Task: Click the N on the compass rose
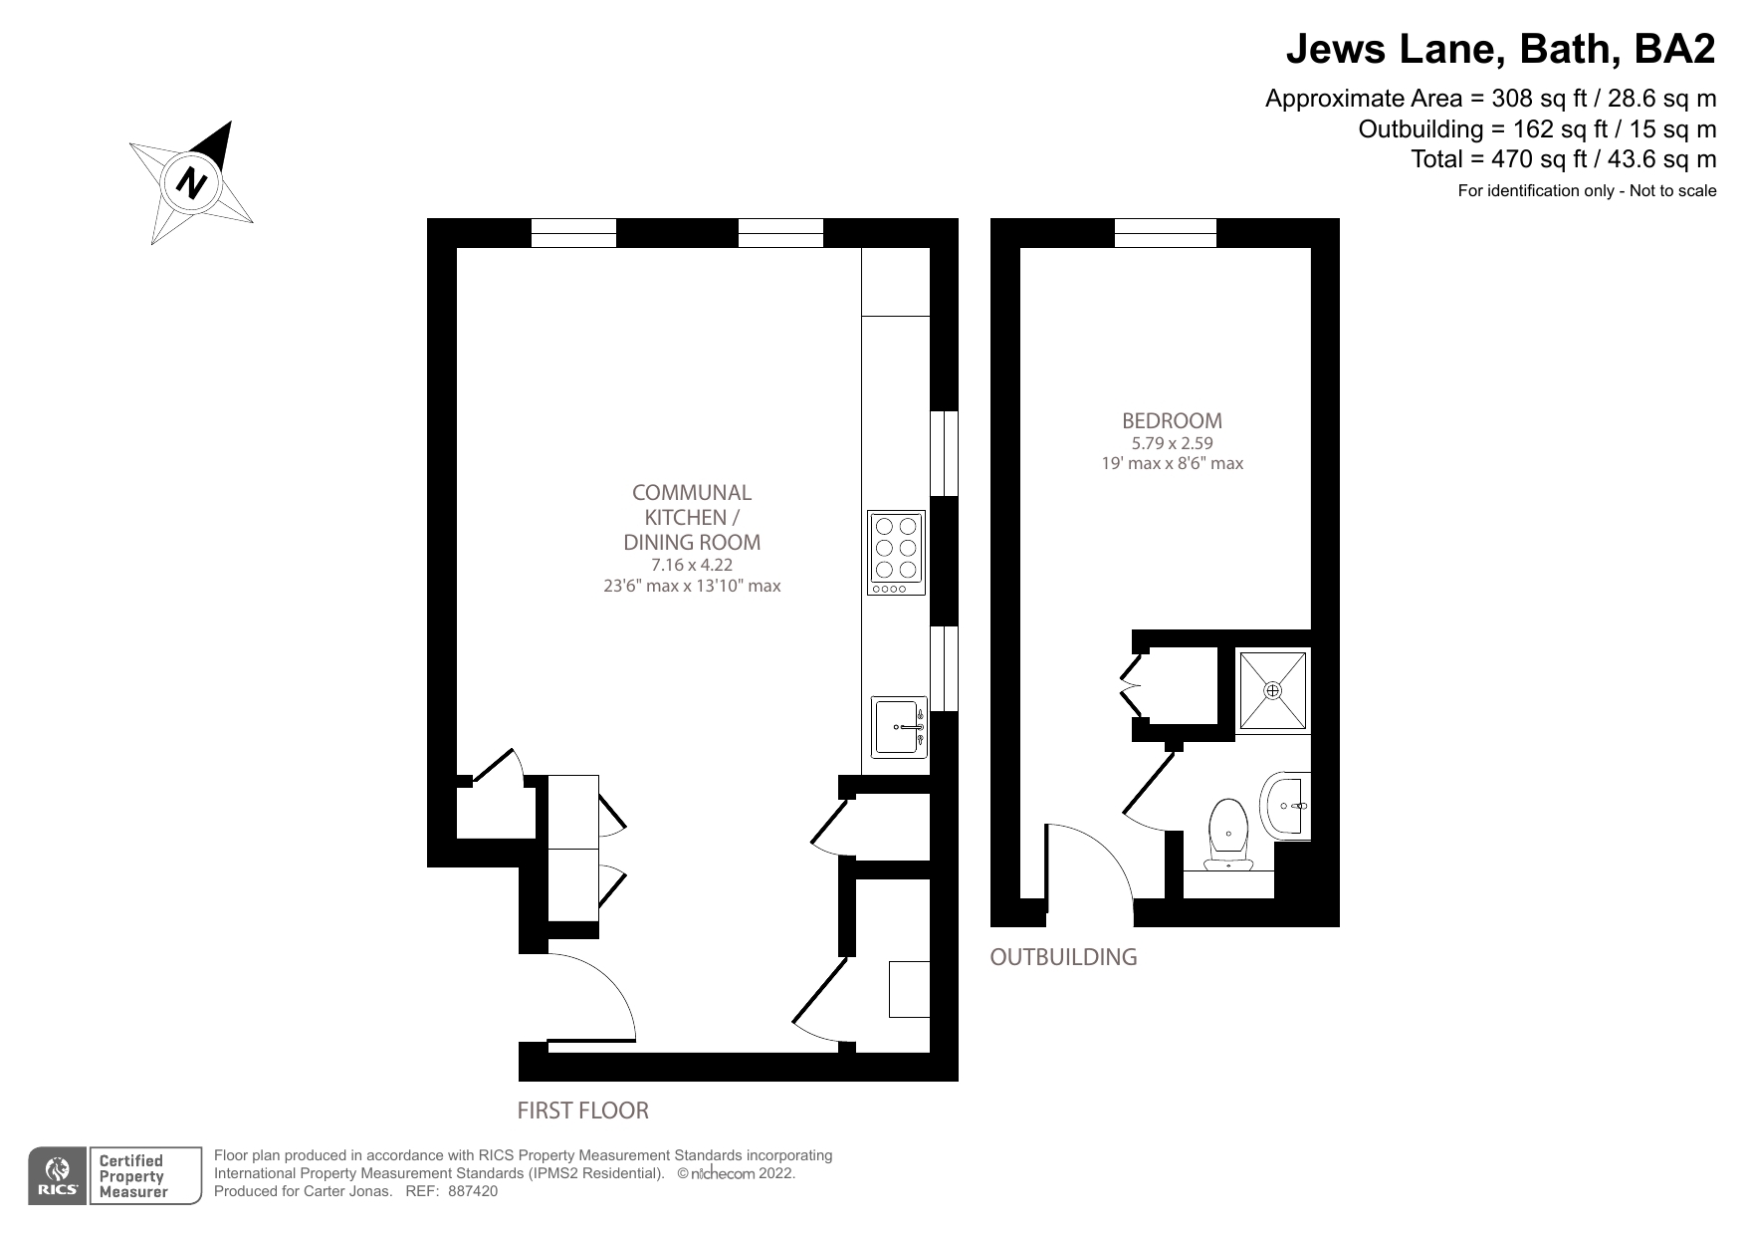190,183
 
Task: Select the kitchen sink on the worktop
899,726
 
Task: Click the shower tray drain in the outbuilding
1272,690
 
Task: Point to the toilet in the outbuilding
1229,835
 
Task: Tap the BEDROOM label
1172,420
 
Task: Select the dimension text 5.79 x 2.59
1172,443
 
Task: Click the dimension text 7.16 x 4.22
691,565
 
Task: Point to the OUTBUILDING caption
1062,957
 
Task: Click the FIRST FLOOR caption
582,1110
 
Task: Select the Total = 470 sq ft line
1563,158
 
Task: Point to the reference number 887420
473,1190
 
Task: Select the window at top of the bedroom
1165,233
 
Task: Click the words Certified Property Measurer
131,1176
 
